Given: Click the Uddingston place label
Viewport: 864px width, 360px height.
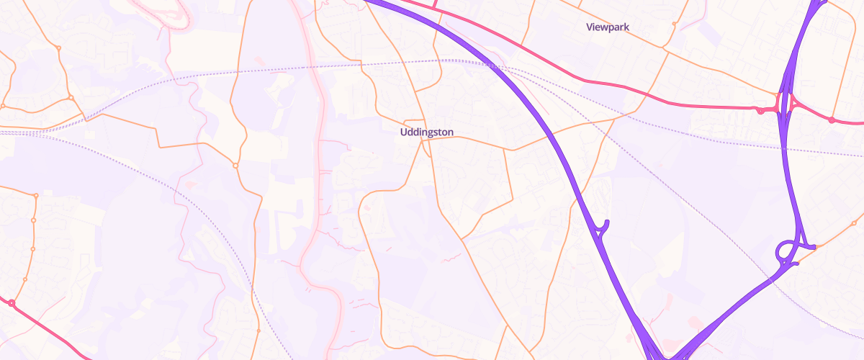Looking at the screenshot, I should pyautogui.click(x=427, y=132).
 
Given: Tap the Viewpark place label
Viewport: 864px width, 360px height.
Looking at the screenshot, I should pyautogui.click(x=608, y=27).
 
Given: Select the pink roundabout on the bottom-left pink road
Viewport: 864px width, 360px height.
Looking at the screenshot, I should pyautogui.click(x=12, y=303).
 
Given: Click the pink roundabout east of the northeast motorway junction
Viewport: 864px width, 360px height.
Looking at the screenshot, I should pyautogui.click(x=832, y=120).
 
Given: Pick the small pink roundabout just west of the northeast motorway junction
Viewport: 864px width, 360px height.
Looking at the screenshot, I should pyautogui.click(x=760, y=110).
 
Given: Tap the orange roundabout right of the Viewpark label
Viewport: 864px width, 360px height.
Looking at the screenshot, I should pyautogui.click(x=674, y=24).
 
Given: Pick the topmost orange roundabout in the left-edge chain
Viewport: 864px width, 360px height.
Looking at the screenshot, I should pyautogui.click(x=35, y=195).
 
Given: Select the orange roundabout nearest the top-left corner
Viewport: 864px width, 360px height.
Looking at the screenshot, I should pyautogui.click(x=58, y=48).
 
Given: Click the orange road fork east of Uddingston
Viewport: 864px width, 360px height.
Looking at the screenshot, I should pyautogui.click(x=512, y=150).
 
